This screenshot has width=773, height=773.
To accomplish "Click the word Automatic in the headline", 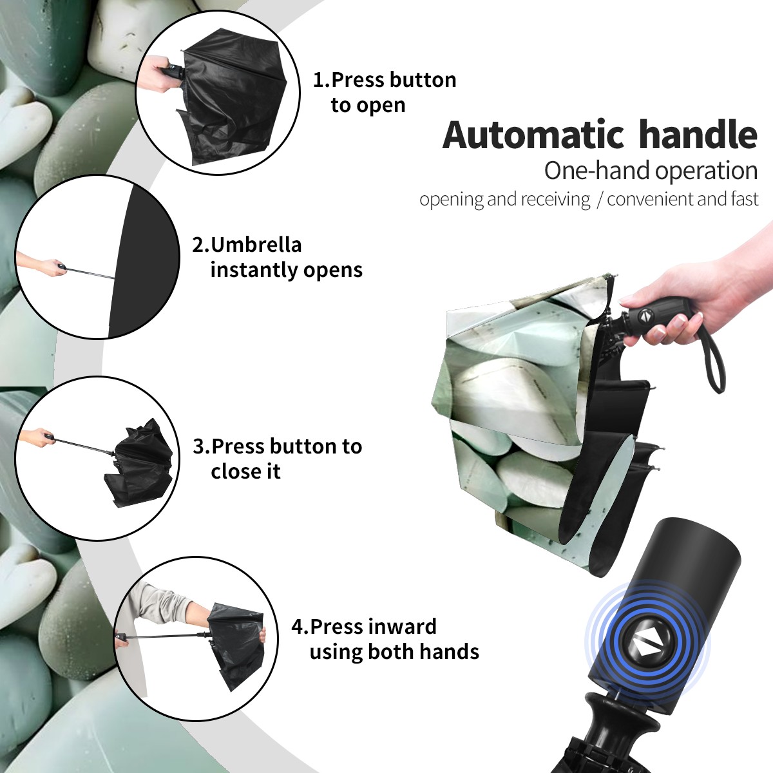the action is coord(533,135).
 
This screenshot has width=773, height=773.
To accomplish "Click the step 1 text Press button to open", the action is coord(385,92).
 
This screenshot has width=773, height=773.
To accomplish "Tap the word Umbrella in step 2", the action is coord(256,245).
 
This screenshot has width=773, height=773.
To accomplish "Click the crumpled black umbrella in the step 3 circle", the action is coord(139,463).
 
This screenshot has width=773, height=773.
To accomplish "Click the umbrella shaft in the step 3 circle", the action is coord(82,446).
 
